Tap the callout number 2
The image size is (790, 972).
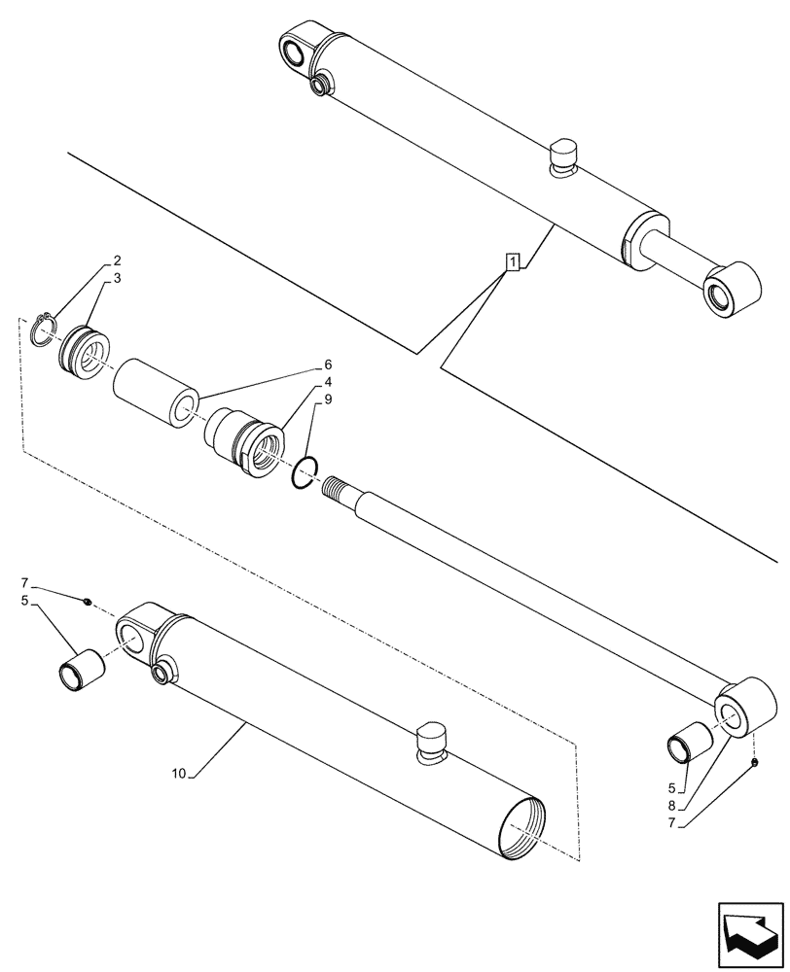[x=117, y=260]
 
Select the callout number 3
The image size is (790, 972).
[x=117, y=278]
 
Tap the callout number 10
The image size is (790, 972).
[x=178, y=774]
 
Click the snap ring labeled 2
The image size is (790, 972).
[x=42, y=329]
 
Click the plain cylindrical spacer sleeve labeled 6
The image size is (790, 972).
[x=155, y=392]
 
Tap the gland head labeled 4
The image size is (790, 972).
[x=245, y=443]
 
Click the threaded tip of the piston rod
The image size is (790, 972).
[x=341, y=485]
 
